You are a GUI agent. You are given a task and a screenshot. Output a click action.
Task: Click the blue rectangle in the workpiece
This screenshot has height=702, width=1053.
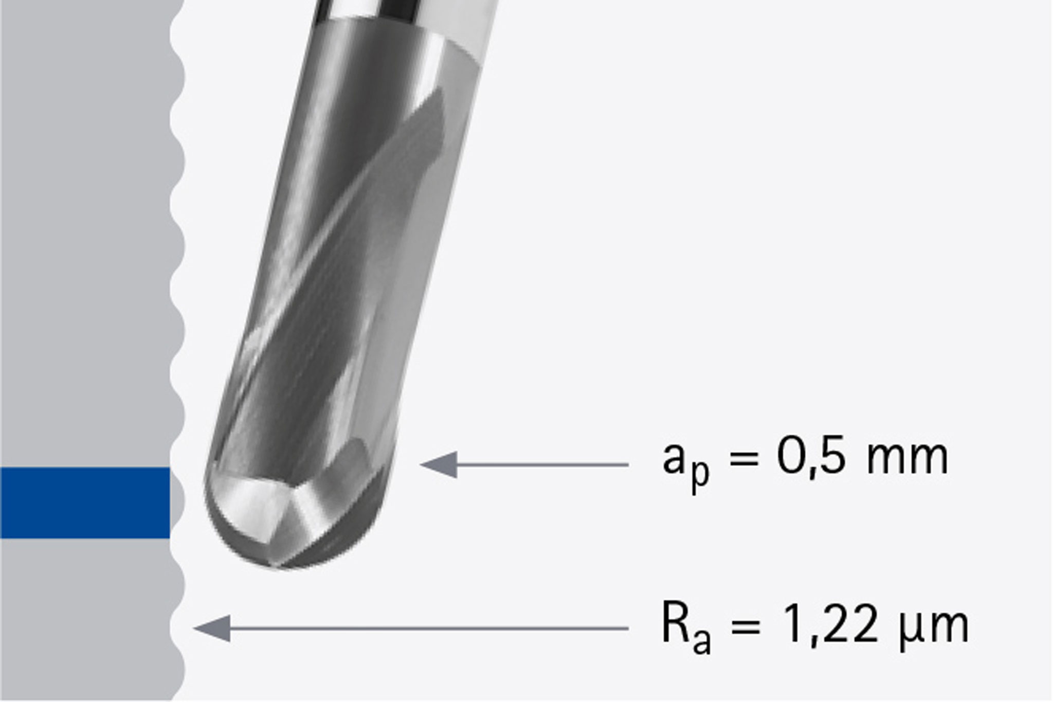coord(85,502)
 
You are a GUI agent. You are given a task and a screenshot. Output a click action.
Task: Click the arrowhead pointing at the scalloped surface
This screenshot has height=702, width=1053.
coord(212,628)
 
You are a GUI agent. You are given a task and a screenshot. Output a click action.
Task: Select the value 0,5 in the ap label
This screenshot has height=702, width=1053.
coord(810,458)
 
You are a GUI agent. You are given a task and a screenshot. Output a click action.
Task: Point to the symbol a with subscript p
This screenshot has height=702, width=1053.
coord(684,463)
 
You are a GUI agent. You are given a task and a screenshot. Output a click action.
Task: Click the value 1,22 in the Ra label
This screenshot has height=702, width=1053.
coord(830,625)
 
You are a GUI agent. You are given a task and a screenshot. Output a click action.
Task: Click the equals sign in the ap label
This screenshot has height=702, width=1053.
coord(744,458)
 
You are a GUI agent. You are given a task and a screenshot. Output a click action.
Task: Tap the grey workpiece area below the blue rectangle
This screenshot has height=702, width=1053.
coord(85,617)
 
